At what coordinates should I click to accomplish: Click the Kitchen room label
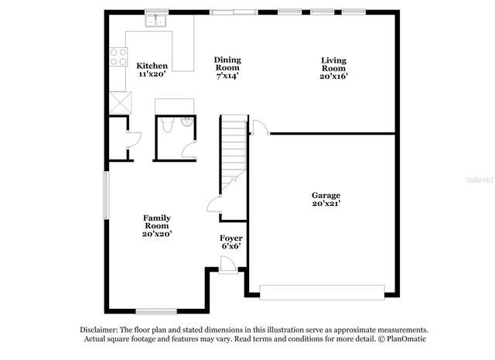pos(152,66)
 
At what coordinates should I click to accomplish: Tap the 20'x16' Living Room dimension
pos(334,76)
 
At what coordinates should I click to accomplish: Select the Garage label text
pos(326,195)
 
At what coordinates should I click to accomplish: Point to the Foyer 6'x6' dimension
pos(230,246)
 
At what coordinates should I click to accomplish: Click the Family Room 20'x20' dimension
pos(157,233)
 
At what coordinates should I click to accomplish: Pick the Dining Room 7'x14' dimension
pos(227,76)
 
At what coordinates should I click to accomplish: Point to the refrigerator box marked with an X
pos(120,102)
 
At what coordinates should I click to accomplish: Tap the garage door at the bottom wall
pos(321,291)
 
